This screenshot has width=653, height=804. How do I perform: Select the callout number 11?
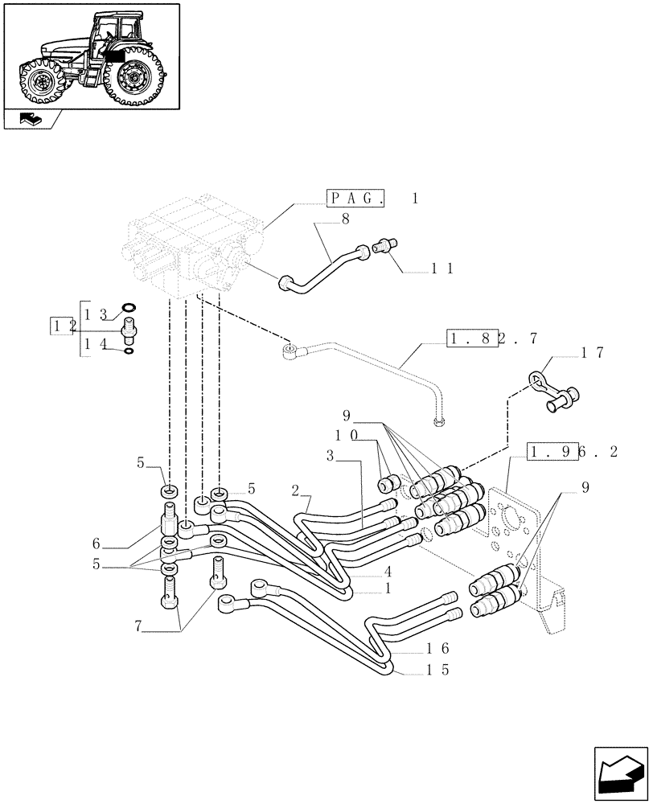pos(442,269)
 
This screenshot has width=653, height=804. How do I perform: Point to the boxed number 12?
pos(63,326)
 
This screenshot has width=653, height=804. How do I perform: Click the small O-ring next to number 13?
pos(128,307)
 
